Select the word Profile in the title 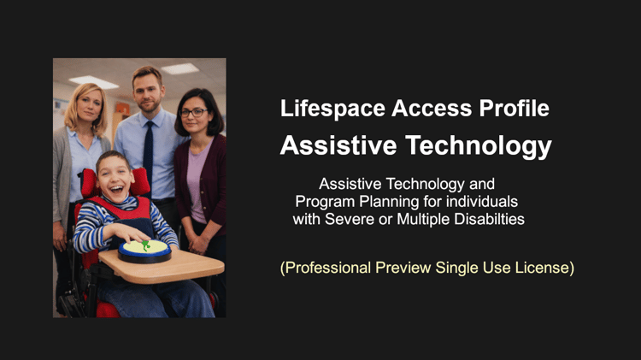click(515, 109)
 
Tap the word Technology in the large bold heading click(479, 146)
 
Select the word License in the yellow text click(544, 268)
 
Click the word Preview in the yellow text click(403, 268)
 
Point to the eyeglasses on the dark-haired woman click(193, 112)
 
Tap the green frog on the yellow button click(145, 245)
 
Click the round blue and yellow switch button click(144, 251)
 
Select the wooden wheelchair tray click(162, 266)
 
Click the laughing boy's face click(115, 179)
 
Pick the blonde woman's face click(89, 106)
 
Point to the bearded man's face click(148, 92)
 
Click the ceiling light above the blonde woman click(94, 82)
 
